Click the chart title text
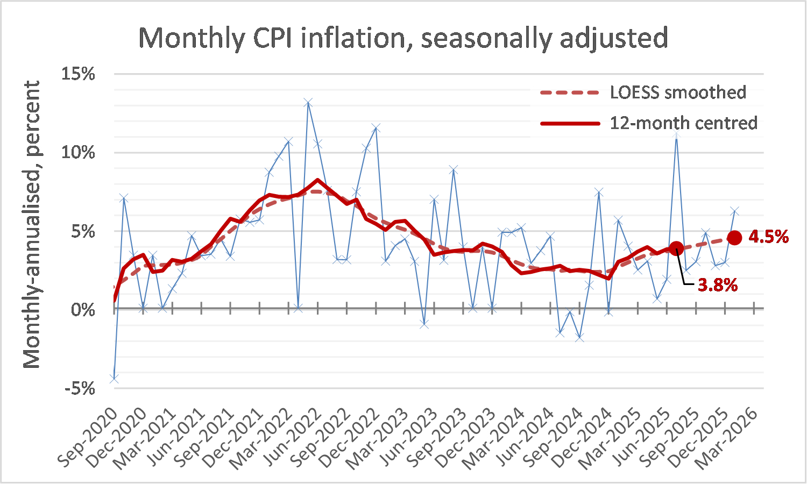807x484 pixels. pos(403,38)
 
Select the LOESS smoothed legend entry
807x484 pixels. pos(643,92)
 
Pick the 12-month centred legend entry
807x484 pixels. pos(649,123)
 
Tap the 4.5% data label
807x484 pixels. pos(768,237)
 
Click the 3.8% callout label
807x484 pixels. pos(717,285)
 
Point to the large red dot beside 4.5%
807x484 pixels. pos(734,238)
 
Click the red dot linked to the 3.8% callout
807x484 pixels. pos(676,248)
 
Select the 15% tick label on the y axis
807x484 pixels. pos(78,74)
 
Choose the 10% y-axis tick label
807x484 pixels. pos(78,153)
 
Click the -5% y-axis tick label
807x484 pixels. pos(80,388)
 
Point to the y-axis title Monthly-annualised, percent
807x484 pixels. pos(32,224)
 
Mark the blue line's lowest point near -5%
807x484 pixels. pos(114,379)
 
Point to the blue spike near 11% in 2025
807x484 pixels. pos(676,134)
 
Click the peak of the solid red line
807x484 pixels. pos(317,180)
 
